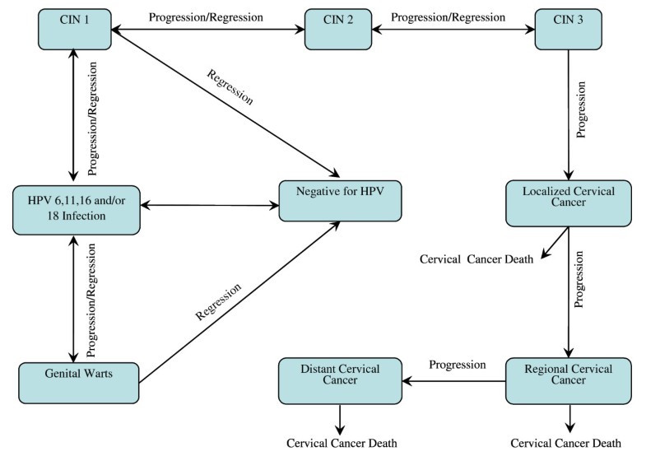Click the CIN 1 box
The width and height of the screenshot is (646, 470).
coord(74,29)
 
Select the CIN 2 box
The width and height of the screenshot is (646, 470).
coord(338,29)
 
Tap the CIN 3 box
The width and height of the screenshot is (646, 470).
coord(569,29)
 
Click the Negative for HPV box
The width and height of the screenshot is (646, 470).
coord(341,199)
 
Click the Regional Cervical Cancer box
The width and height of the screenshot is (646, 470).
coord(569,379)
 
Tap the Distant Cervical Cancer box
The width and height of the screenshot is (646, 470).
coord(341,379)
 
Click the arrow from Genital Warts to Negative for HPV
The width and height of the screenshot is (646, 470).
coord(239,303)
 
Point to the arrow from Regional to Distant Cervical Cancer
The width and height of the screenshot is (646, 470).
coord(453,380)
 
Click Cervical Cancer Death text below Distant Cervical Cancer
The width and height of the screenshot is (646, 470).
coord(342,443)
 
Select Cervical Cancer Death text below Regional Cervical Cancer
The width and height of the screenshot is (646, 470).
coord(566,443)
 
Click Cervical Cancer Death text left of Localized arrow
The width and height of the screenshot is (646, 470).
coord(476,258)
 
